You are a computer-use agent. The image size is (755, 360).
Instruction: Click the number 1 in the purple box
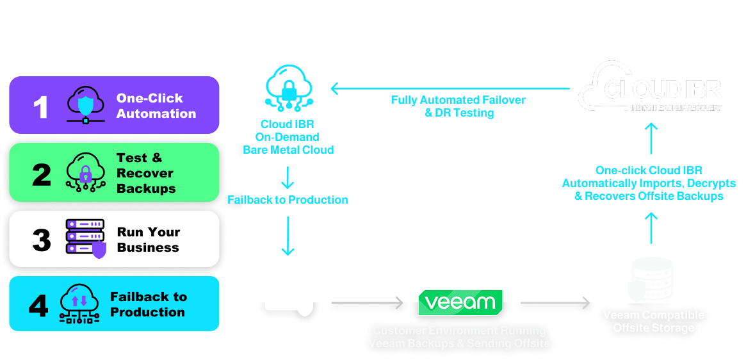click(x=40, y=106)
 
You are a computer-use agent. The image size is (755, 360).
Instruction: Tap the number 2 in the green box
click(x=42, y=174)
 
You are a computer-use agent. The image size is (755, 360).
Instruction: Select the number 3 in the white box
click(x=42, y=240)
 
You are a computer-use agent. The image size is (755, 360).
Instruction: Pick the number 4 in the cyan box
click(x=38, y=306)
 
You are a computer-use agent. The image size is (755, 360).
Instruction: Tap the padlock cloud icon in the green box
click(x=85, y=172)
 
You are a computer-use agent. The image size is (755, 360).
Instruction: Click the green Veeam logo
click(x=460, y=302)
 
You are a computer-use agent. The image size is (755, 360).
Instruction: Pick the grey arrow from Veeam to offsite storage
click(x=555, y=302)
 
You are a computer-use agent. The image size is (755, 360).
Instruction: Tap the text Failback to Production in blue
click(x=288, y=200)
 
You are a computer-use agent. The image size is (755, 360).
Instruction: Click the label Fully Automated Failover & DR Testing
click(x=459, y=106)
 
